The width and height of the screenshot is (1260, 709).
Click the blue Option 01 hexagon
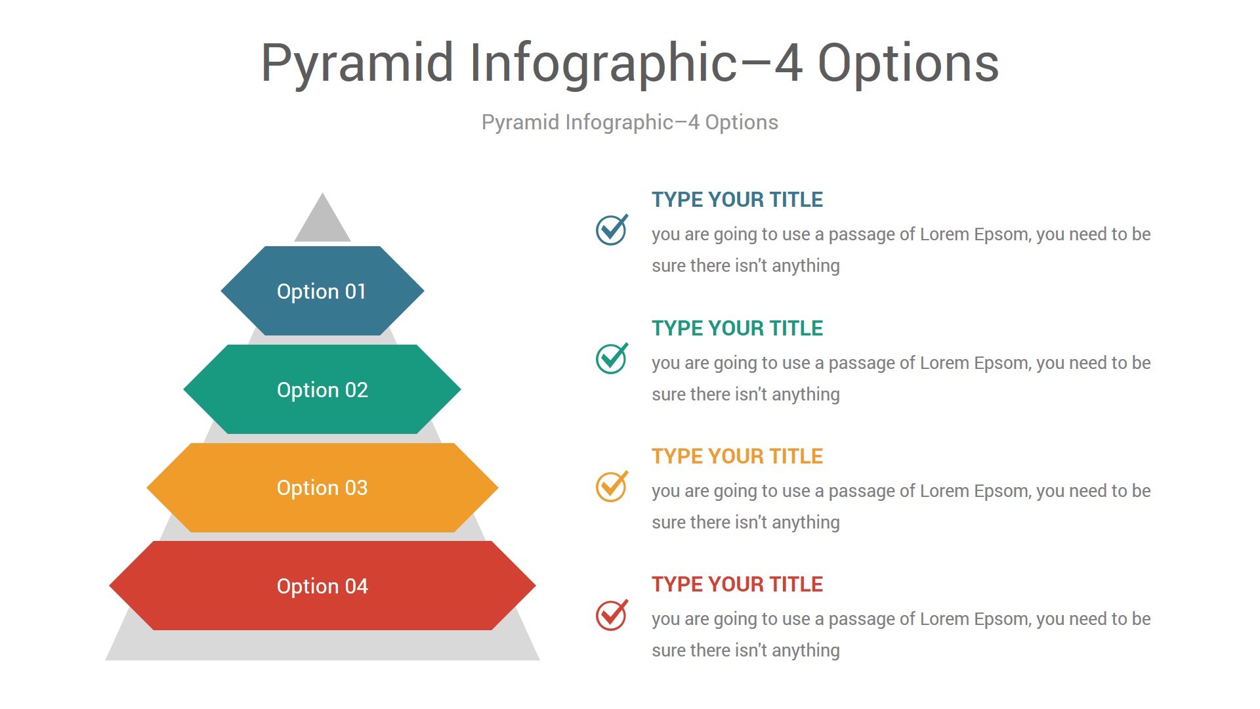(322, 291)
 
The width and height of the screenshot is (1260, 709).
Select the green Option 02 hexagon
(322, 389)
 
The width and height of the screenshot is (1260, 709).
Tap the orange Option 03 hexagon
(322, 488)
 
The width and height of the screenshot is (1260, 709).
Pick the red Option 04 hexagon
(322, 586)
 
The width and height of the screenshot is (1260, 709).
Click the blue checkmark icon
(611, 230)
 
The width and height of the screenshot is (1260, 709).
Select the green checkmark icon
(611, 358)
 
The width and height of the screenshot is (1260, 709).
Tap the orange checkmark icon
(611, 486)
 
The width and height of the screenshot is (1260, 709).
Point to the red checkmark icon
(611, 615)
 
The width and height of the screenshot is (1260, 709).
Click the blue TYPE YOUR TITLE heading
(737, 200)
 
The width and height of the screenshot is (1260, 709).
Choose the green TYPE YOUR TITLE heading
(737, 328)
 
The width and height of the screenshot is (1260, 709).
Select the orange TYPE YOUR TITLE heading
(737, 456)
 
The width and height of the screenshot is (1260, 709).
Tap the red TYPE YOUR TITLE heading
(737, 584)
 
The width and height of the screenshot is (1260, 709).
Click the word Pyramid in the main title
(357, 64)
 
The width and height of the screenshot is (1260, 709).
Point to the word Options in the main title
(908, 63)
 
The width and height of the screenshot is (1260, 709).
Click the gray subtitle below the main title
(630, 123)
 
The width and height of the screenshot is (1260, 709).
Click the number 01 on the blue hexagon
(356, 291)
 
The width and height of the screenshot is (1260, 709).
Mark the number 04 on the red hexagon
(356, 586)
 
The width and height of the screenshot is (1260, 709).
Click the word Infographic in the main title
(604, 64)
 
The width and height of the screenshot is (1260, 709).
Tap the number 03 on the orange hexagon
(356, 488)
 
